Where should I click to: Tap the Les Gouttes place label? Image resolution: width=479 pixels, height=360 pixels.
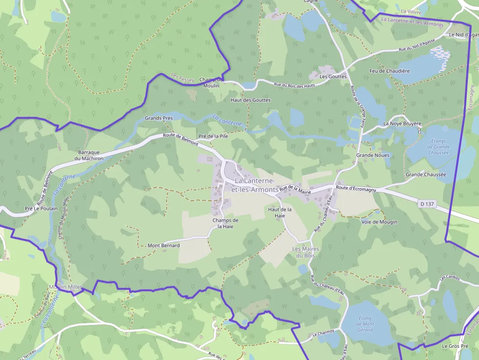pos(333,77)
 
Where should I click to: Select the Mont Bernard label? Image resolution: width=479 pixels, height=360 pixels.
pos(164,245)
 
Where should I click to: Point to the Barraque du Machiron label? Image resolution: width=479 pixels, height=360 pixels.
pos(88,155)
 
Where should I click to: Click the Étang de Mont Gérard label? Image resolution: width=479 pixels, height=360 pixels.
pos(365,324)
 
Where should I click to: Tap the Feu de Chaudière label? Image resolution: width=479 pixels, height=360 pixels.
pos(390,71)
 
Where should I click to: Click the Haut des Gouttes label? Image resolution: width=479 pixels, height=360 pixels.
pos(250,100)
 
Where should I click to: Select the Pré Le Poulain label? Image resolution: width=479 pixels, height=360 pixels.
pos(41,209)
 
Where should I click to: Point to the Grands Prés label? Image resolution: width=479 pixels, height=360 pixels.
pos(159,119)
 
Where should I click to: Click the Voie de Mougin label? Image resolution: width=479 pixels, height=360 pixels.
pos(379,222)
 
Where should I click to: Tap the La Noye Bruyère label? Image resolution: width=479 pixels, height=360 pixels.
pos(402,124)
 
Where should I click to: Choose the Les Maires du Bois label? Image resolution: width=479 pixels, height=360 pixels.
pos(305,252)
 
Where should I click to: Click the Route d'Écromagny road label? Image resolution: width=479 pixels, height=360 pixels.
pos(356,189)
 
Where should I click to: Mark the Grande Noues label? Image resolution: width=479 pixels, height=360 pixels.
pos(372,155)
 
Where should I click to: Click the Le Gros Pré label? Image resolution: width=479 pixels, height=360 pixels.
pos(452,346)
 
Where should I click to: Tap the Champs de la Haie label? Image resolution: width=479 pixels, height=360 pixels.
pos(225,223)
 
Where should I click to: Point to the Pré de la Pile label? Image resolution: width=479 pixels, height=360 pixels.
pos(213,136)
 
